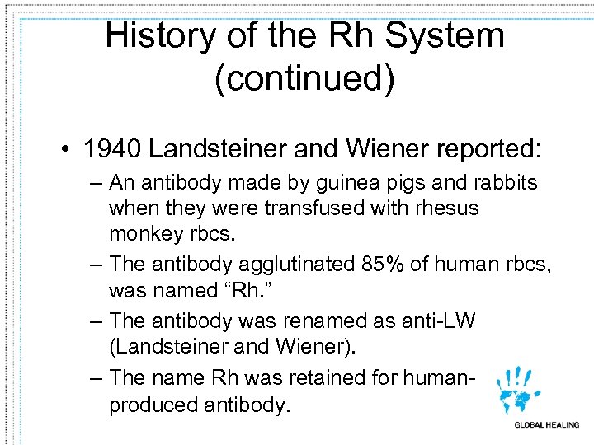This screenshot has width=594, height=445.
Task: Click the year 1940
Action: [113, 149]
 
